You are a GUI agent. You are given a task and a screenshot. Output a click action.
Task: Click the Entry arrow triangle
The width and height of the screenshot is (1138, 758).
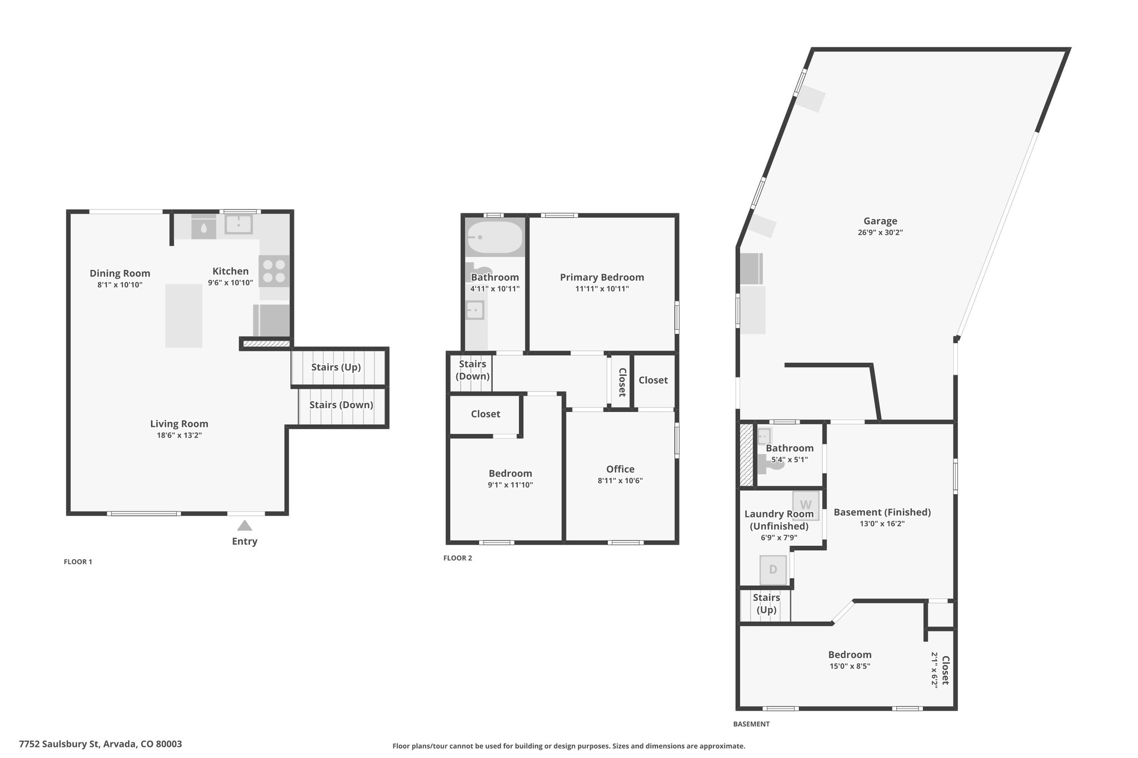coord(244,525)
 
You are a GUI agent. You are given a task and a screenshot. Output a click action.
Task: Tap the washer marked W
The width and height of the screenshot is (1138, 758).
coord(806,505)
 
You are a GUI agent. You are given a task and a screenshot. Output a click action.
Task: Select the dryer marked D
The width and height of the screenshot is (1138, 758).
coord(773,570)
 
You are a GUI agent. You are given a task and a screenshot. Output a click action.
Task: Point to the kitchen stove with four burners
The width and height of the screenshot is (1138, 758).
coord(274,270)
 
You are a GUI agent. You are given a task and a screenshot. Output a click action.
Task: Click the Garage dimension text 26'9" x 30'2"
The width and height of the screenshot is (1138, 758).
coord(880,233)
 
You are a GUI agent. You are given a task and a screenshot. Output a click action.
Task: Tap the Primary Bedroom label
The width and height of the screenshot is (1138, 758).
coord(602,277)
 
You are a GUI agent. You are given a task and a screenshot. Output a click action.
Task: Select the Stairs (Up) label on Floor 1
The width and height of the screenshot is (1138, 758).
coord(336,367)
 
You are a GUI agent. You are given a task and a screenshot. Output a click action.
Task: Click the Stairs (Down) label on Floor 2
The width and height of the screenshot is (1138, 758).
coord(473,370)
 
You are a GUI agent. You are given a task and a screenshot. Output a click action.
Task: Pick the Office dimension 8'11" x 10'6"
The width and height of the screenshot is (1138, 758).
coord(620,481)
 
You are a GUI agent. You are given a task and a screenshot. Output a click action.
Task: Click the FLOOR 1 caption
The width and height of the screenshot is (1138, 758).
coord(78,561)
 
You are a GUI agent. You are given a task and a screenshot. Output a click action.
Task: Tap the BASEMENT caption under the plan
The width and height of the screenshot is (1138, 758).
coord(751,724)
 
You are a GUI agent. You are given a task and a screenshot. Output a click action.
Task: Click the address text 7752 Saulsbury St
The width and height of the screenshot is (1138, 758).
coord(59,744)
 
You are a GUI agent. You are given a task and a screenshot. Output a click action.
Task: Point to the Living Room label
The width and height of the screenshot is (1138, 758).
coord(179,424)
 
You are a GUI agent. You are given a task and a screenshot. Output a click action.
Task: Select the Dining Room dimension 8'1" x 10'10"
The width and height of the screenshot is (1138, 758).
coord(120,285)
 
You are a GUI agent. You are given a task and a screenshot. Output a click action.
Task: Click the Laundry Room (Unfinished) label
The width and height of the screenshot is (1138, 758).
coord(779,520)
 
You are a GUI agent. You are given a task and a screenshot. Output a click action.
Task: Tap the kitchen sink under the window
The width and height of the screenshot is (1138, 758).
coord(238,224)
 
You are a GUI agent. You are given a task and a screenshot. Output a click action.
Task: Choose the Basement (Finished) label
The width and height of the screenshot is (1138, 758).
coord(882,512)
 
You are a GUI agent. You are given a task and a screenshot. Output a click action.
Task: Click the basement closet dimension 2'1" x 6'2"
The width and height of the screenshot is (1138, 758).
coord(935,670)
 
